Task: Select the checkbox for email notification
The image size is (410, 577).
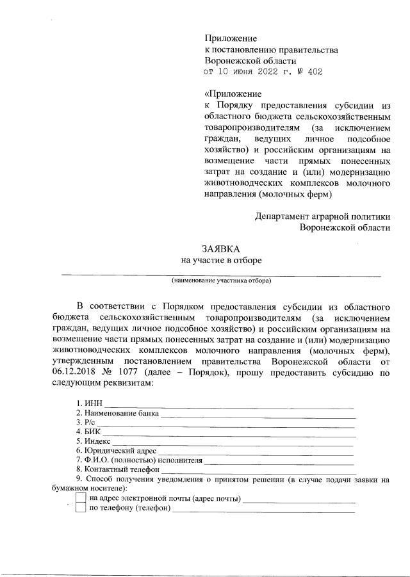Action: pyautogui.click(x=81, y=498)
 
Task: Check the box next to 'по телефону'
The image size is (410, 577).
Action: pyautogui.click(x=81, y=508)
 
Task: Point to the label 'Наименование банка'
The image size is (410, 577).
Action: pyautogui.click(x=117, y=413)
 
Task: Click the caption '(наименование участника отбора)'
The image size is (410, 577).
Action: pyautogui.click(x=221, y=280)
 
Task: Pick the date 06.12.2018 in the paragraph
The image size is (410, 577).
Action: pyautogui.click(x=76, y=372)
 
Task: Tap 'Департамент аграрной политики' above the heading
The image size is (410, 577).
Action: pyautogui.click(x=322, y=216)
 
